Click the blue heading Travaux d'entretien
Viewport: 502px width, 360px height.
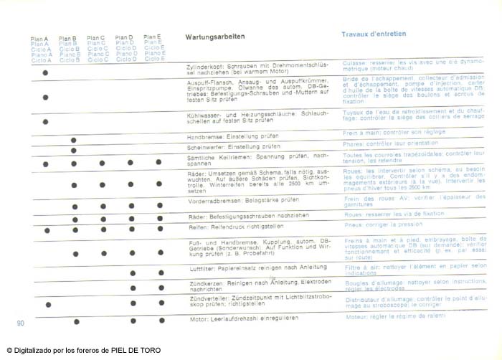click(x=371, y=34)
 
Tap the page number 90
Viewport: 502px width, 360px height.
click(x=21, y=324)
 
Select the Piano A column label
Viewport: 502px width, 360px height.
click(x=40, y=54)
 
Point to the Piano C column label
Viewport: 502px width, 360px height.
click(x=98, y=54)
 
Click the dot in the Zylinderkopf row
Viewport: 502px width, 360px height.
click(x=46, y=72)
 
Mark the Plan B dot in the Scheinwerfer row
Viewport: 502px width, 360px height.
click(x=74, y=150)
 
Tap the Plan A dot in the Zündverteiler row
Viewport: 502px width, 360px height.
click(x=47, y=305)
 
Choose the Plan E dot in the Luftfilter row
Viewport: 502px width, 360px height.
click(x=160, y=273)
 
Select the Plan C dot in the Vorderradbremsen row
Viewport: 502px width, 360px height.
click(x=103, y=204)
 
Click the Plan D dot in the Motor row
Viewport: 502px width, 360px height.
click(x=132, y=319)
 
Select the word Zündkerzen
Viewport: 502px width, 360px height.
click(x=202, y=282)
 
